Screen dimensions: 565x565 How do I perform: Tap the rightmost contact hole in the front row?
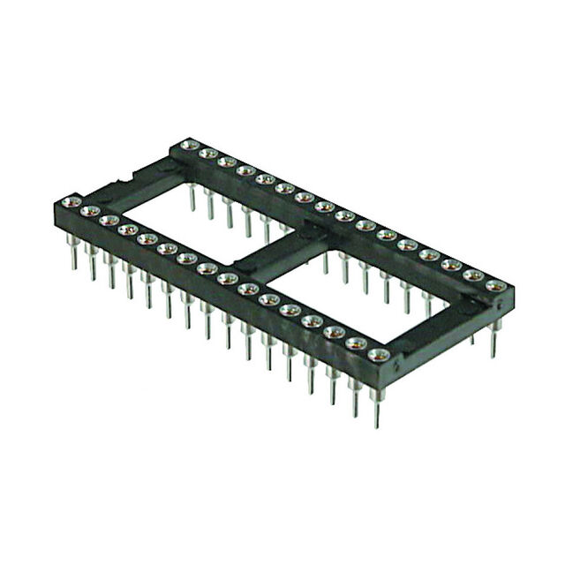point(380,355)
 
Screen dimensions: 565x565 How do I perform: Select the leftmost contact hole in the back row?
point(186,145)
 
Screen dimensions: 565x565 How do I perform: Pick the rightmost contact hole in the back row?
point(497,286)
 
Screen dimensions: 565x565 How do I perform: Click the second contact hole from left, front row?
point(88,211)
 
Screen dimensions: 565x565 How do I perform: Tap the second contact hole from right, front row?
point(358,343)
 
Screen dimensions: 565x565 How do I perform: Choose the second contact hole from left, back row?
point(207,154)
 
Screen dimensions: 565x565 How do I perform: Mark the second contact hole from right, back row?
point(475,276)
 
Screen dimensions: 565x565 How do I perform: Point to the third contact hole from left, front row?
point(109,220)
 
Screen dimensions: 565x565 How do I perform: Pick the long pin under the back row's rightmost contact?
point(493,340)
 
